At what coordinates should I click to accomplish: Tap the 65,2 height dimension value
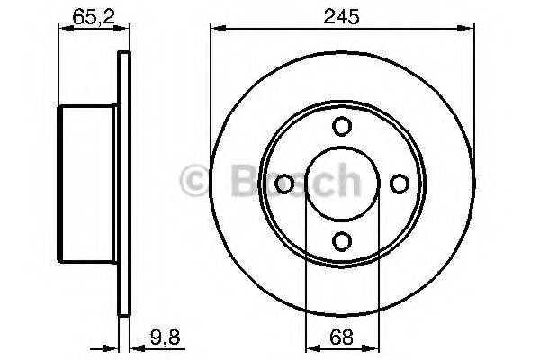tap(85, 15)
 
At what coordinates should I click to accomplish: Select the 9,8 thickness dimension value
tap(159, 338)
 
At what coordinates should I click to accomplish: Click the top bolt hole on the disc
tap(340, 127)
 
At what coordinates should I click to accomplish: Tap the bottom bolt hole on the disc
tap(340, 240)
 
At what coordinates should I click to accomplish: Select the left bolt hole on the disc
tap(283, 184)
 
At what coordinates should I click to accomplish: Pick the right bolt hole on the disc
tap(397, 184)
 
